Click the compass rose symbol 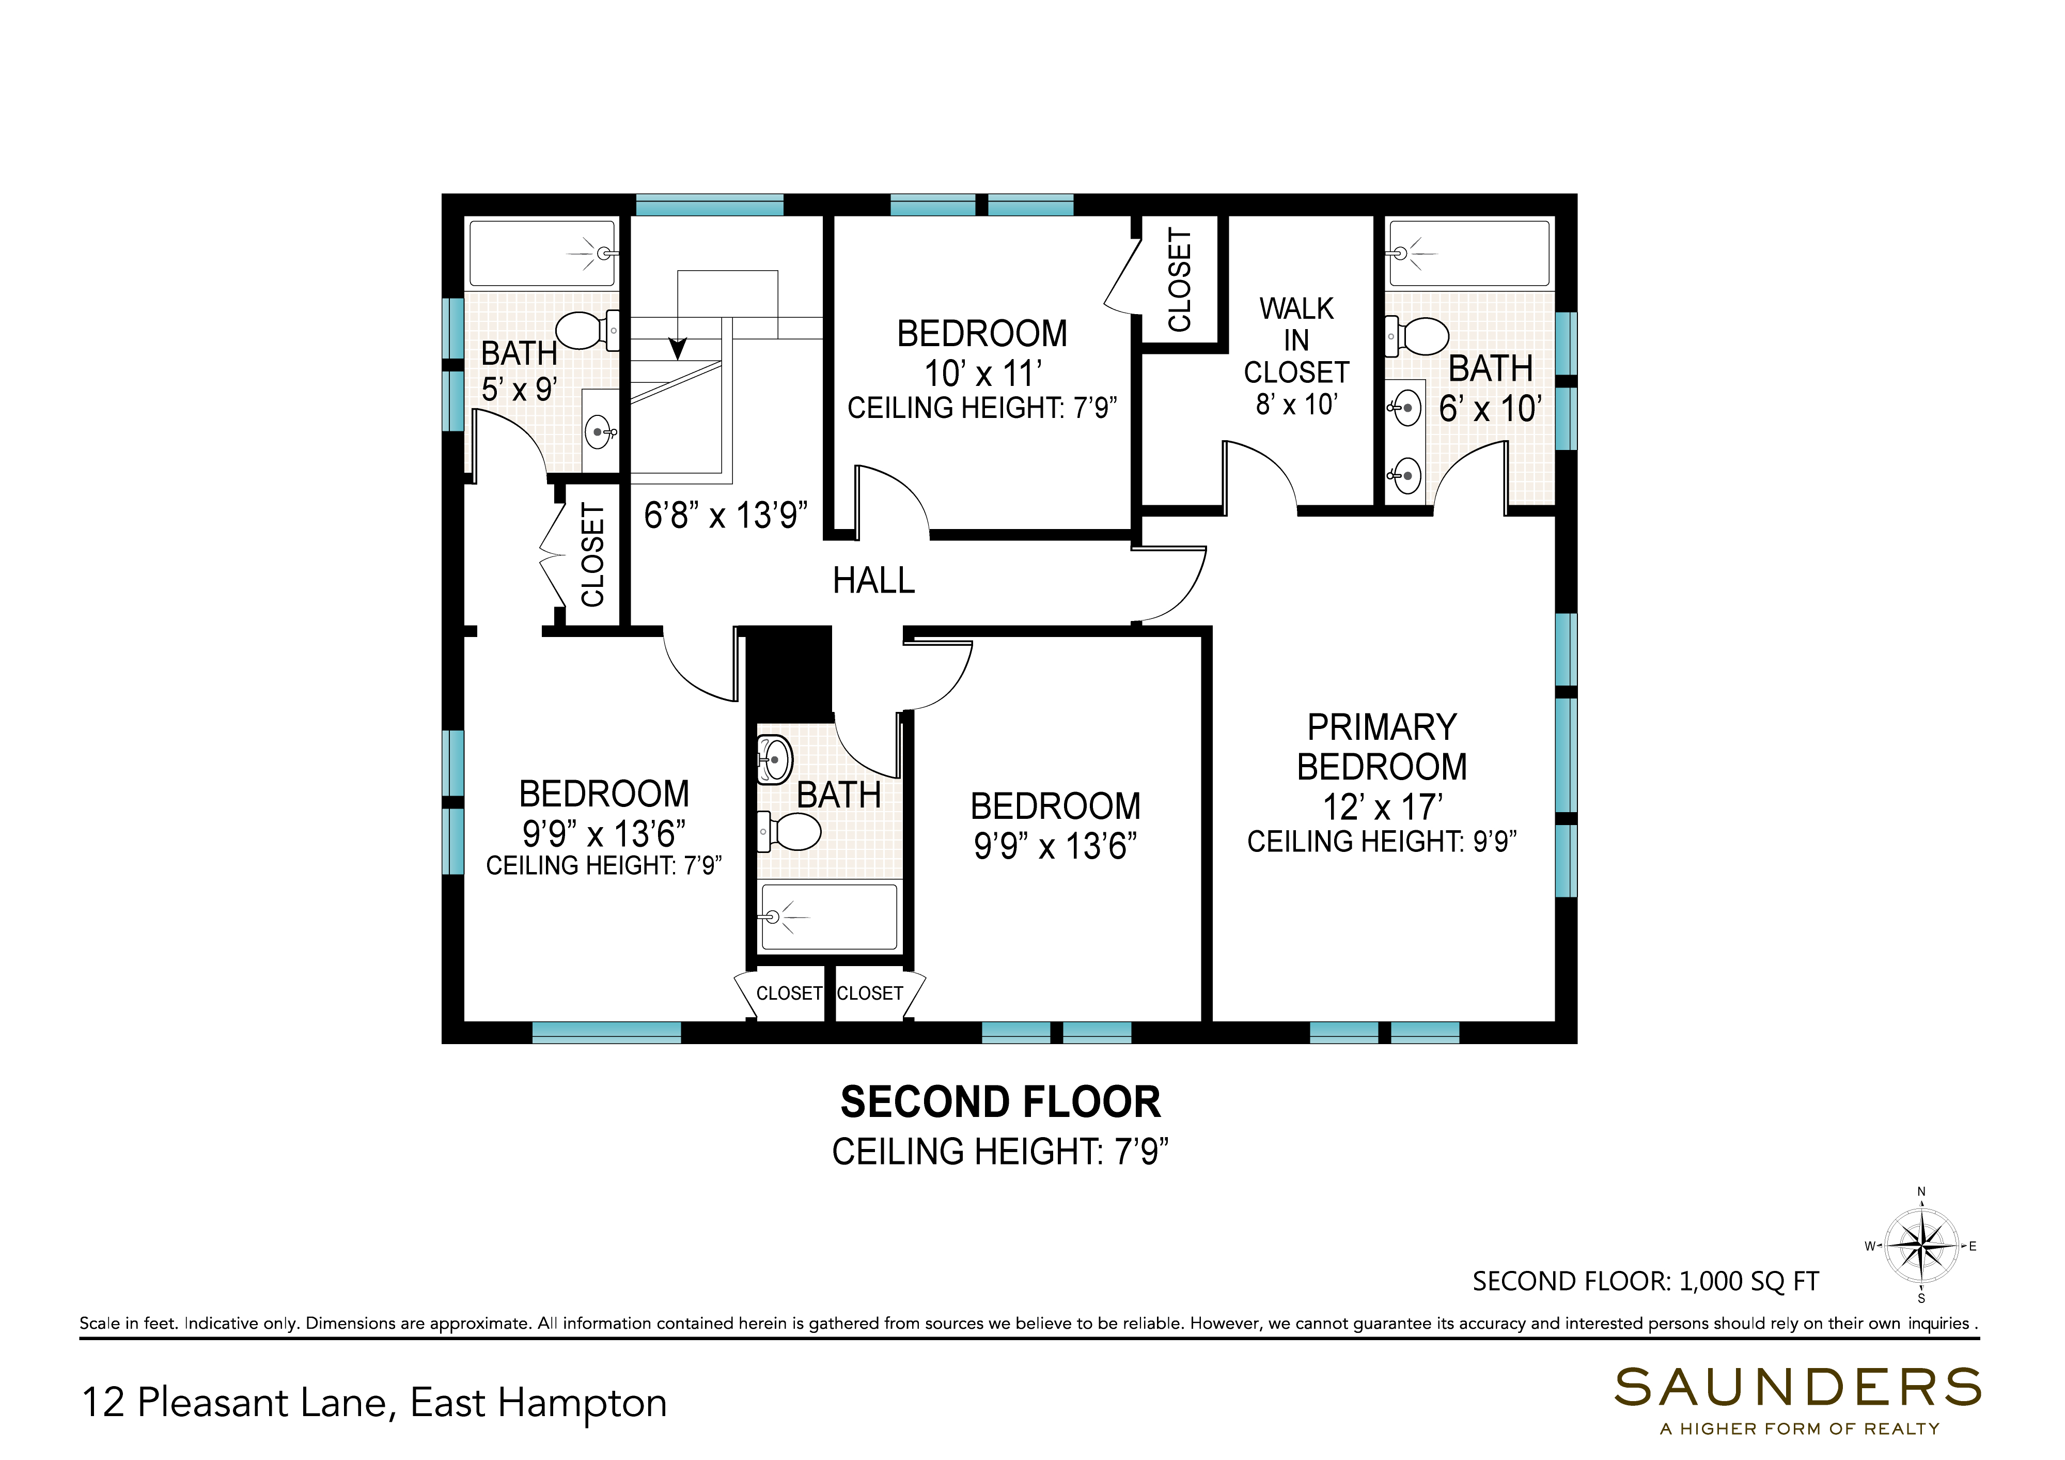click(x=1921, y=1246)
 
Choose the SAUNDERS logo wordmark click(x=1798, y=1388)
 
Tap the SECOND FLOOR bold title click(x=1000, y=1102)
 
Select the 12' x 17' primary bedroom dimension click(x=1382, y=807)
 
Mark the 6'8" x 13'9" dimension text click(x=726, y=516)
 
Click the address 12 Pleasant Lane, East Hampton click(x=374, y=1403)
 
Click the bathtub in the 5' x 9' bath click(x=543, y=254)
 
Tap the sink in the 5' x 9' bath click(x=600, y=432)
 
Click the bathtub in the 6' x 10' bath click(x=1469, y=254)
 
